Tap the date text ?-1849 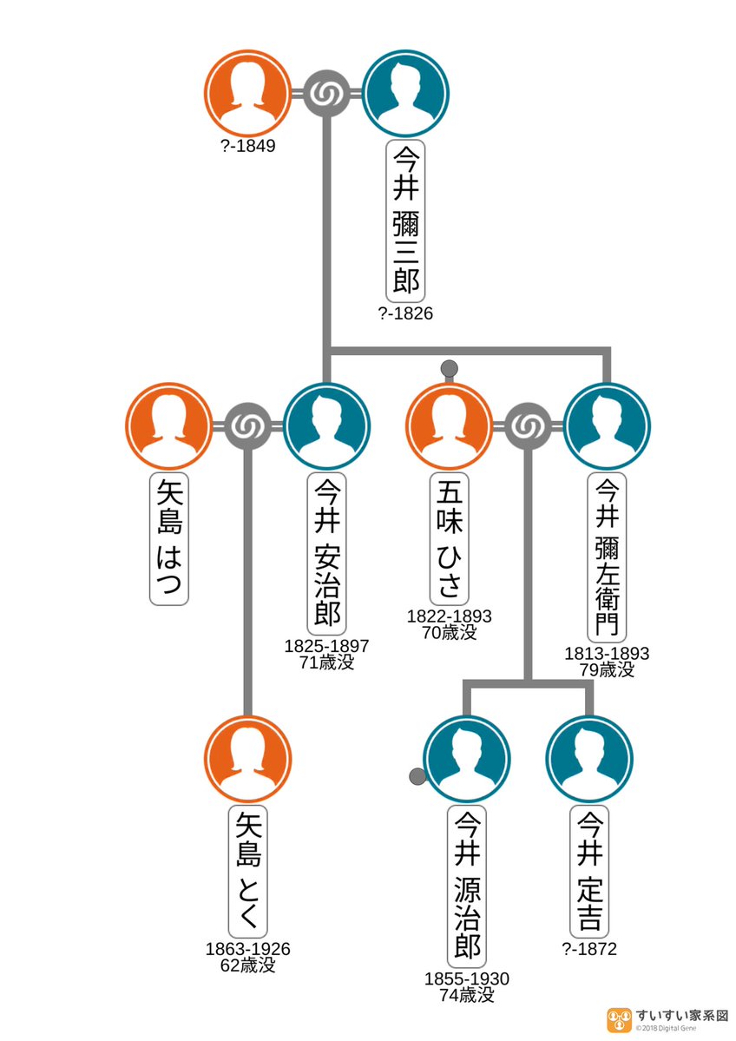pos(248,147)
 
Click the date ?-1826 pos(405,314)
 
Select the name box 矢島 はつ pos(169,539)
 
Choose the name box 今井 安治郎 pos(327,554)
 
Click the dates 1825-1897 pos(327,646)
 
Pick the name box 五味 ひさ pos(450,537)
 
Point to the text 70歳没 pos(450,632)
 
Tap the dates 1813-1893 pos(607,653)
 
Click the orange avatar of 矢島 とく pos(248,758)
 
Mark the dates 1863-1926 pos(248,949)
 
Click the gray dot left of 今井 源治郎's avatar pos(417,777)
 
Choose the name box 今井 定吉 pos(589,870)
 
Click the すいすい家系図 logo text pos(680,1014)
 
